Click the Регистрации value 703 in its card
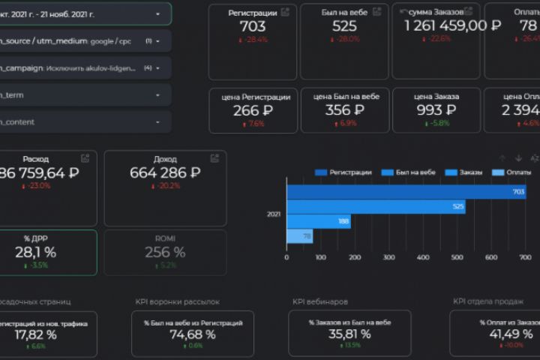point(252,25)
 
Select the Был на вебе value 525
point(344,25)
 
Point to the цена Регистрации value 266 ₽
point(252,111)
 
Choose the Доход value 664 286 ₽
point(165,172)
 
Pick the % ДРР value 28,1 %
point(35,253)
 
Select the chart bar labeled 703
point(406,192)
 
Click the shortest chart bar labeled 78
point(299,237)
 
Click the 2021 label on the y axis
point(274,214)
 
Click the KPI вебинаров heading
point(320,301)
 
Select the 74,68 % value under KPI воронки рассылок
point(193,334)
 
